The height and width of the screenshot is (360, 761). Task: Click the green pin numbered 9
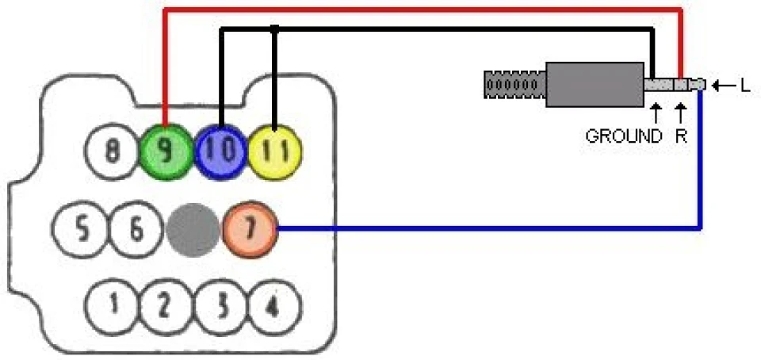click(x=166, y=152)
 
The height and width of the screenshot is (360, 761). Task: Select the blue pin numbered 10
click(x=221, y=152)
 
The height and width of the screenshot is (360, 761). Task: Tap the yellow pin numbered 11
click(x=275, y=152)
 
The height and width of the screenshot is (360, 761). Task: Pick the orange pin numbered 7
click(x=250, y=230)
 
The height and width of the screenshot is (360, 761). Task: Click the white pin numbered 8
click(x=112, y=152)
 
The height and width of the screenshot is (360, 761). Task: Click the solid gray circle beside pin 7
click(x=193, y=230)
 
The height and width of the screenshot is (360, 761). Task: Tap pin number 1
click(x=113, y=305)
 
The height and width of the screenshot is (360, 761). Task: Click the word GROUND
click(x=624, y=136)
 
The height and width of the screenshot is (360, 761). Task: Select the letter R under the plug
click(x=681, y=136)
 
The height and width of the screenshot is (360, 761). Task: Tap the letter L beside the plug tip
click(x=745, y=86)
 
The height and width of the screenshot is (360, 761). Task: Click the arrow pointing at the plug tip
click(x=724, y=86)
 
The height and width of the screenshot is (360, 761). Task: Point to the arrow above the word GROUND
click(x=656, y=113)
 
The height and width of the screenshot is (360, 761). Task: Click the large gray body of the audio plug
click(x=595, y=84)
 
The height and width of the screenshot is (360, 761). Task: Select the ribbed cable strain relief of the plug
click(x=515, y=84)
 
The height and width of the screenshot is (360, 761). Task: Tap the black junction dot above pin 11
click(x=275, y=29)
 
